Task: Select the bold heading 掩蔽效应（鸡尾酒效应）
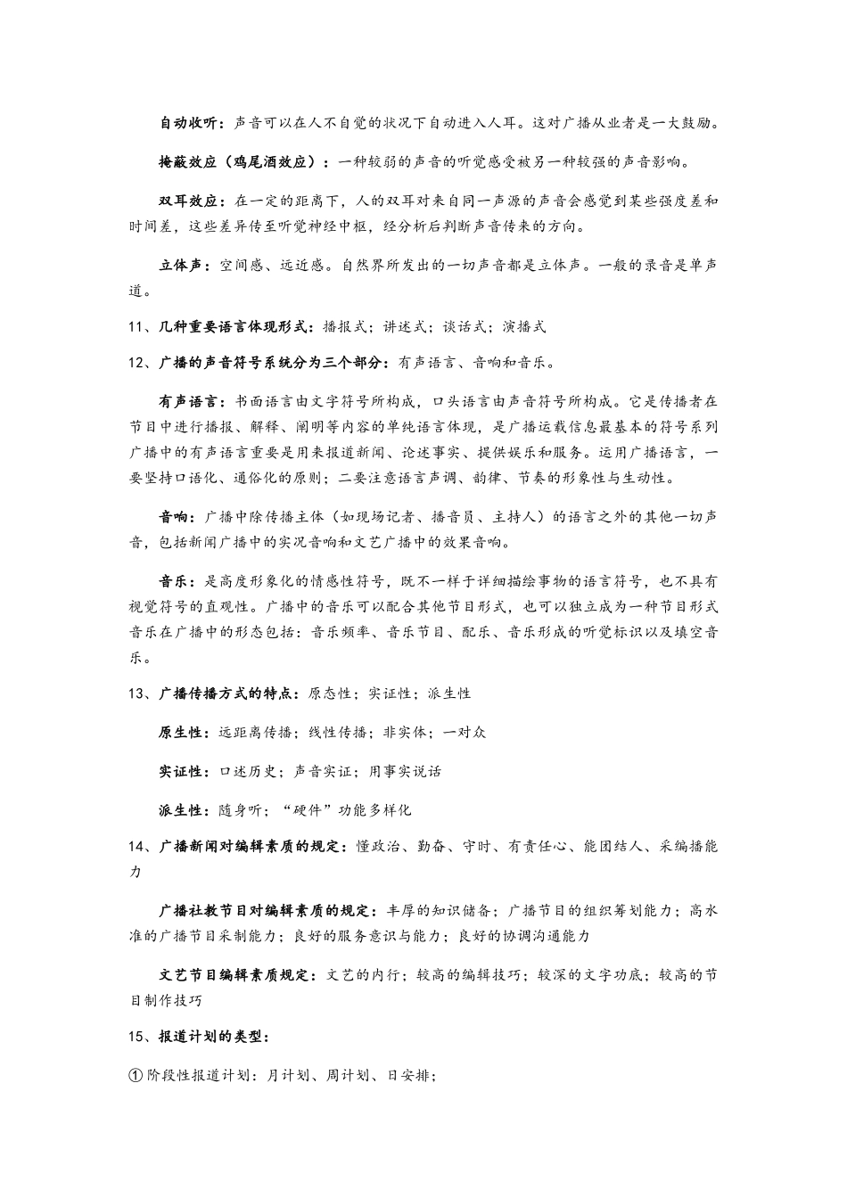239,162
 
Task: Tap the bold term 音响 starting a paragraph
174,517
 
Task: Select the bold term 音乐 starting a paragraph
174,582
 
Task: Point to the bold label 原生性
182,733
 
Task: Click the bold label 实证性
182,772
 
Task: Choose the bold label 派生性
182,811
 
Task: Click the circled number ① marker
136,1076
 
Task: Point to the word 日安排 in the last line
408,1076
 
